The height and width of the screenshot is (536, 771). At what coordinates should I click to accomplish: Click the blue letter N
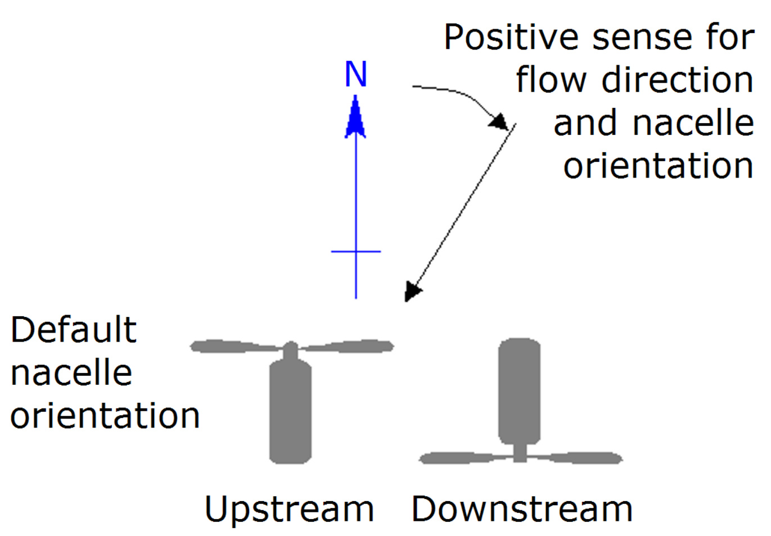click(x=355, y=74)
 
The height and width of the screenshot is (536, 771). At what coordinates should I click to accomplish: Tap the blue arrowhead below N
click(x=355, y=118)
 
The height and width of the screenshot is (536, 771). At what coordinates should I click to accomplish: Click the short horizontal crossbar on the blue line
click(x=356, y=251)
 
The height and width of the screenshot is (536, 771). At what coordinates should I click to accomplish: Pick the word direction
click(x=678, y=80)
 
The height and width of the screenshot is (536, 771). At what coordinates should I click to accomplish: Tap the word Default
click(x=74, y=330)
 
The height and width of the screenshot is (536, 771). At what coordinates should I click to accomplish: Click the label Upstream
click(x=289, y=510)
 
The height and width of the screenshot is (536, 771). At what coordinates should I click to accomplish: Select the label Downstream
click(x=522, y=510)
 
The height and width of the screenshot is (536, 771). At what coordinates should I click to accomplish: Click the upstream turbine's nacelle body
click(x=290, y=413)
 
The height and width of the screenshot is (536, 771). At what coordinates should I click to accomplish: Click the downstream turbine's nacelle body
click(x=520, y=390)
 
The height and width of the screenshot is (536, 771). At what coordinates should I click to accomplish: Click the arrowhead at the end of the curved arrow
click(x=499, y=121)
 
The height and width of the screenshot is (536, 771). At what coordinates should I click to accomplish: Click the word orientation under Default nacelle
click(x=105, y=416)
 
